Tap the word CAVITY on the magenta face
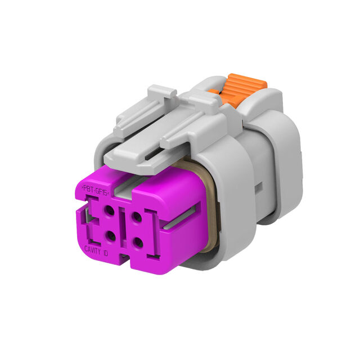click(92, 250)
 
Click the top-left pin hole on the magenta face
click(109, 210)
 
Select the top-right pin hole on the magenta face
click(137, 217)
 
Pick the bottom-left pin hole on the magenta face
click(111, 236)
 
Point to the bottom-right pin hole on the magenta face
click(138, 243)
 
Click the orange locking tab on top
click(238, 89)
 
